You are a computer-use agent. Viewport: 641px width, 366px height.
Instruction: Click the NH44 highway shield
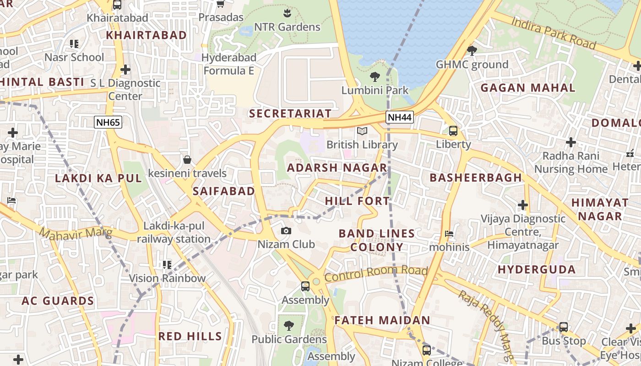(399, 117)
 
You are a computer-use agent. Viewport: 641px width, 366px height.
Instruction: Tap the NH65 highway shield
(108, 122)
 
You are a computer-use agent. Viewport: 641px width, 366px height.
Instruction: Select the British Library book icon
(362, 131)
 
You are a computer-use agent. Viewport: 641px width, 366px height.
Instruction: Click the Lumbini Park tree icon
(375, 76)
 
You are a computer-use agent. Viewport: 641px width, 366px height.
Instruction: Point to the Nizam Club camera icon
(286, 231)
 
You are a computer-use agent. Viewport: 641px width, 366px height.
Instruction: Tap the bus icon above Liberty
(453, 131)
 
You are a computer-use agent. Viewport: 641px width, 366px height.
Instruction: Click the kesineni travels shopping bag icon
(187, 160)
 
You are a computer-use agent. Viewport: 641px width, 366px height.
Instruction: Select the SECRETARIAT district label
(290, 113)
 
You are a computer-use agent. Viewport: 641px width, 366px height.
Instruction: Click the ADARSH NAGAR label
(337, 168)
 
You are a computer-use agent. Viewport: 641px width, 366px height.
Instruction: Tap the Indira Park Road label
(554, 32)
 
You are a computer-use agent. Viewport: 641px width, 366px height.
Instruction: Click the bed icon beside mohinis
(449, 234)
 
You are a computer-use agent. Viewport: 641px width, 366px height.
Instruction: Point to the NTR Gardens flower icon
(287, 12)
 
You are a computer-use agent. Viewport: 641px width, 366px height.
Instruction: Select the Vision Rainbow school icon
(167, 264)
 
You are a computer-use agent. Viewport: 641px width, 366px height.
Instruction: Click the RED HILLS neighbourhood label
(190, 336)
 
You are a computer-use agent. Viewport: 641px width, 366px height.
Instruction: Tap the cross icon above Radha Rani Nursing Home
(570, 142)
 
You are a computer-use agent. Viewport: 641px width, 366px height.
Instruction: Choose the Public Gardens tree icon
(289, 326)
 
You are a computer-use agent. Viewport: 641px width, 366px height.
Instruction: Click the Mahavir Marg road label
(75, 233)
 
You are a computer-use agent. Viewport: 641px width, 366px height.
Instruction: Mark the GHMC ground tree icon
(472, 50)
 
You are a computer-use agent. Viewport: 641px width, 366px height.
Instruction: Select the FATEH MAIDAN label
(382, 320)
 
